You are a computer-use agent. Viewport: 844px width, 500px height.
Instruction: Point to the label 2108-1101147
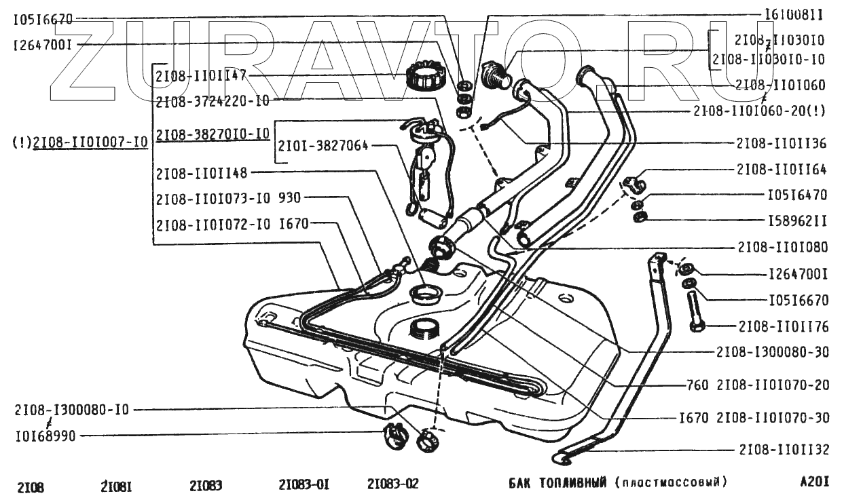[x=200, y=75]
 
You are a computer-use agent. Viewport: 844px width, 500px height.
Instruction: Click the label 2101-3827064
[x=323, y=145]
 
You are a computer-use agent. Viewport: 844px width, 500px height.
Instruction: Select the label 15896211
[x=797, y=220]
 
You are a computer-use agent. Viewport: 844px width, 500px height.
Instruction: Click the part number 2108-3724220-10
[x=213, y=102]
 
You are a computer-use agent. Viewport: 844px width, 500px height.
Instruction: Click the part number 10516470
[x=797, y=195]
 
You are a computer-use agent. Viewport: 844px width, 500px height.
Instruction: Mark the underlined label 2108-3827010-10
[x=213, y=134]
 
